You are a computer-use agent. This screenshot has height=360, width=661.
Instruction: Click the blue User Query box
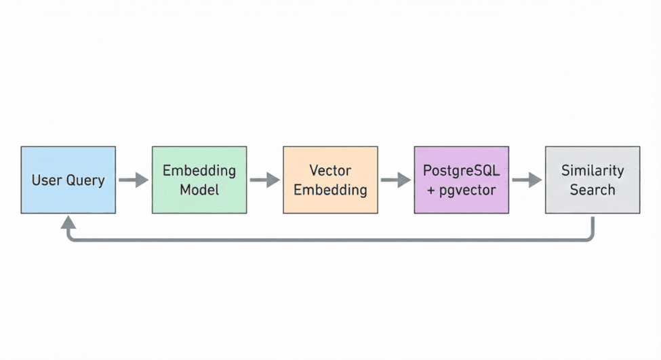click(x=68, y=180)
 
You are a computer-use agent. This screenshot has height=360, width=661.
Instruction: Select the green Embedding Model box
click(x=199, y=180)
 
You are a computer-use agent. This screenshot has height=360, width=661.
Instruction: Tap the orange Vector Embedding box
click(x=330, y=180)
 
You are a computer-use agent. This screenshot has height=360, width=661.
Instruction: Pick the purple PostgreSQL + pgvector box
click(x=461, y=180)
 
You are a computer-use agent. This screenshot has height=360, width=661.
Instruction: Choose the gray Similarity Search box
click(x=592, y=180)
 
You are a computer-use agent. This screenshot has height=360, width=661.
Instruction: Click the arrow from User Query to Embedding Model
click(x=134, y=180)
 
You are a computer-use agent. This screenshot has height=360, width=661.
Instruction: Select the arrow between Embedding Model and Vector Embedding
click(x=264, y=180)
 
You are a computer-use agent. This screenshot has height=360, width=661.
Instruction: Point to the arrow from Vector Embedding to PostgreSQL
click(x=395, y=180)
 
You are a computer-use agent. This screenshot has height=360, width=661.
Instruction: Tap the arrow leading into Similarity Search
click(x=527, y=180)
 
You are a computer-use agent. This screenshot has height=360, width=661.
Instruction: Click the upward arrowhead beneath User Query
click(x=68, y=222)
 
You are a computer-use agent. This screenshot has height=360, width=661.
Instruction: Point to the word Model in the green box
click(x=199, y=190)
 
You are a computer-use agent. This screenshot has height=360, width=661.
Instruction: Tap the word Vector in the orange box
click(x=330, y=170)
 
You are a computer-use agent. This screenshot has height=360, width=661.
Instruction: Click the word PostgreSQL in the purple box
click(x=461, y=170)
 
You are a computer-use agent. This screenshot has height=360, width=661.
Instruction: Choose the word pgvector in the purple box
click(x=468, y=190)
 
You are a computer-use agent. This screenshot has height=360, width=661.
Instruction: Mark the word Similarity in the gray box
click(x=592, y=170)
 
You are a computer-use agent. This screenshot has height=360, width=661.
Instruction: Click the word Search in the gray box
click(x=592, y=190)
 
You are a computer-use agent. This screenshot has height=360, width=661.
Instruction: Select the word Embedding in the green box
click(x=199, y=170)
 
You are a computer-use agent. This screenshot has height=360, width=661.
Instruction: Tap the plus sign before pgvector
click(x=432, y=190)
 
